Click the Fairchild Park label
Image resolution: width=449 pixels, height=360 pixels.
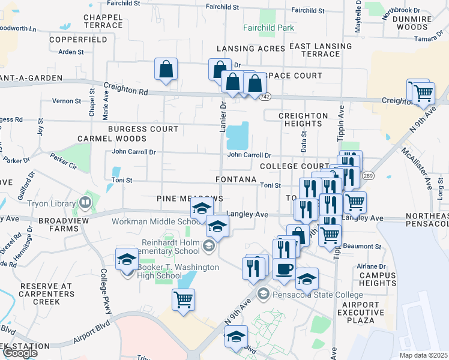click(269, 28)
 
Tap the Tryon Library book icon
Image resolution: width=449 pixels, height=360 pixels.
click(85, 202)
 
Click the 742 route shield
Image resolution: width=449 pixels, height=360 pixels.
click(266, 97)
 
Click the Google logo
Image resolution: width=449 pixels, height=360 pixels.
click(20, 353)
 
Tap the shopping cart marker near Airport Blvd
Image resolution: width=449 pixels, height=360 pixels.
click(183, 299)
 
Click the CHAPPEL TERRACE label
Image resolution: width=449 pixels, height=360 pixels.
click(103, 22)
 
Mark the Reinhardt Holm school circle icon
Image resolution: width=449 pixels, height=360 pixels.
click(208, 244)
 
